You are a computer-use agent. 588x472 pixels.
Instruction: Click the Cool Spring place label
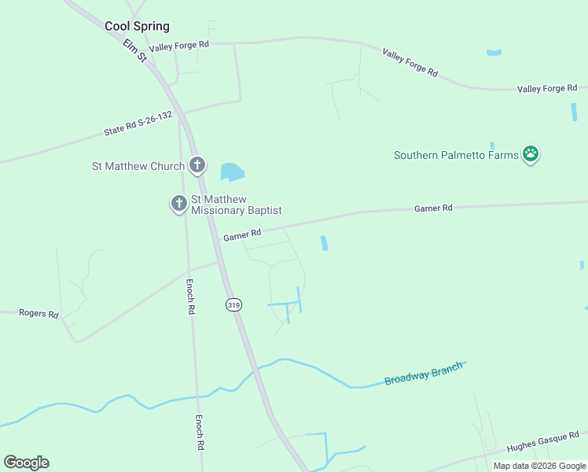coord(137,26)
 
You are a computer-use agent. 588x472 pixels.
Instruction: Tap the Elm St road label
coord(135,53)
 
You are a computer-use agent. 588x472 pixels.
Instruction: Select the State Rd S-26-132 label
coord(138,124)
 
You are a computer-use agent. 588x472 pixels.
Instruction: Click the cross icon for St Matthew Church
coord(197,165)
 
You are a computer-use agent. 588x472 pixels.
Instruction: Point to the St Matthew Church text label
coord(138,166)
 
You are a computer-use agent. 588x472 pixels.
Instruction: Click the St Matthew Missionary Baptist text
coord(236,205)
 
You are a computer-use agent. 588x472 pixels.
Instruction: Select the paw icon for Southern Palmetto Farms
coord(531,154)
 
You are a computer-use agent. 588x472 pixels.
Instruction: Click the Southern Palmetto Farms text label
coord(456,155)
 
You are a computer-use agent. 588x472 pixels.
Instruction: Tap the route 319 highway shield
coord(233,304)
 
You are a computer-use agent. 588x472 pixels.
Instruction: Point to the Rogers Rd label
coord(39,314)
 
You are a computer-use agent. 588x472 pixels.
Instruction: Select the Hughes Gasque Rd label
coord(542,440)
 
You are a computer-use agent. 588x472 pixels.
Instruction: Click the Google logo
coord(26,463)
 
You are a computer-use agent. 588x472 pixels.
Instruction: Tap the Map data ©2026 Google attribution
coord(539,466)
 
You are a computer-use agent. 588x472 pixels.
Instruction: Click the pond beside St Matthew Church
coord(232,171)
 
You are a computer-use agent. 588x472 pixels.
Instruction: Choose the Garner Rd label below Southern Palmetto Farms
coord(434,208)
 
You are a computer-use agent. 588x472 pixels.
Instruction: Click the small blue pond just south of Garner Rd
coord(324,244)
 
